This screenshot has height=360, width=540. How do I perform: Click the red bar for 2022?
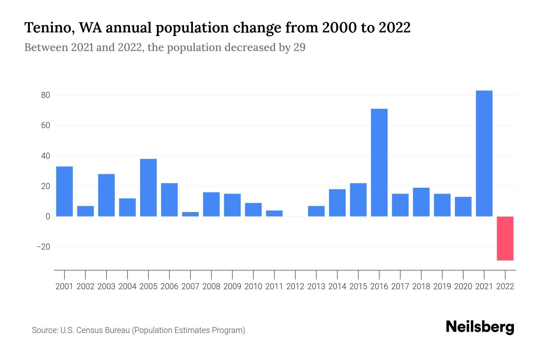pyautogui.click(x=505, y=238)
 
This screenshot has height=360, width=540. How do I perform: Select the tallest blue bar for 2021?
pyautogui.click(x=484, y=153)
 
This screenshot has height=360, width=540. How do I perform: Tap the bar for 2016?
pyautogui.click(x=379, y=162)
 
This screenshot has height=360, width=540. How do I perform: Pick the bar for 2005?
pyautogui.click(x=148, y=187)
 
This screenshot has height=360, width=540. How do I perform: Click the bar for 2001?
pyautogui.click(x=64, y=191)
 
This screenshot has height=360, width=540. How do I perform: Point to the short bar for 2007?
pyautogui.click(x=190, y=214)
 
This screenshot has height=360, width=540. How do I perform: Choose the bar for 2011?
pyautogui.click(x=274, y=213)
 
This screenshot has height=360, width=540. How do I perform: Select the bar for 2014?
pyautogui.click(x=337, y=202)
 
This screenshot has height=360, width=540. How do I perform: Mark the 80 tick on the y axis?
pyautogui.click(x=46, y=95)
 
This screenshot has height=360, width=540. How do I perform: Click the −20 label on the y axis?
pyautogui.click(x=43, y=247)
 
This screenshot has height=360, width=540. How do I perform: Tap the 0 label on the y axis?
pyautogui.click(x=48, y=216)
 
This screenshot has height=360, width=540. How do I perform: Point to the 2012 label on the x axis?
pyautogui.click(x=295, y=286)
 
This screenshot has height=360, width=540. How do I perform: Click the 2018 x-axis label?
pyautogui.click(x=421, y=286)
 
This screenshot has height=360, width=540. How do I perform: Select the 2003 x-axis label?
pyautogui.click(x=106, y=286)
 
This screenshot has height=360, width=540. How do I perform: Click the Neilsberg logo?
pyautogui.click(x=480, y=327)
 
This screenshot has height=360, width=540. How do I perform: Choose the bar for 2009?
pyautogui.click(x=232, y=205)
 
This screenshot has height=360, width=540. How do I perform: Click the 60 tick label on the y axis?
pyautogui.click(x=46, y=125)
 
